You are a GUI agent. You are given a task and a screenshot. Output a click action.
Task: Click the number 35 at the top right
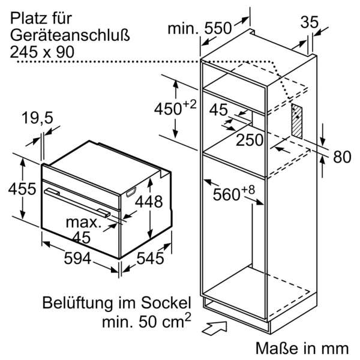tap(308, 23)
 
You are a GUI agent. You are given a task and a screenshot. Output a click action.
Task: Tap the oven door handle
tap(78, 200)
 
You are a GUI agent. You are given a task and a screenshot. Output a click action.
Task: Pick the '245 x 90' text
tap(42, 52)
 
